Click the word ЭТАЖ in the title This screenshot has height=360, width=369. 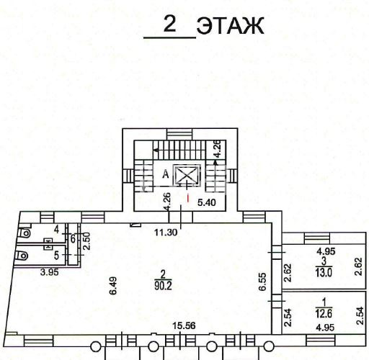point(230,26)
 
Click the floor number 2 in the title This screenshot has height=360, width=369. point(170,24)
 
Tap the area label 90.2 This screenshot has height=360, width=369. point(163,286)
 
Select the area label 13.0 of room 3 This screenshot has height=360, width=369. point(324,273)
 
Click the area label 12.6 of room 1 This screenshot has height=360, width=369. point(324,313)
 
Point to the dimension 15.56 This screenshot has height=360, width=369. point(184,325)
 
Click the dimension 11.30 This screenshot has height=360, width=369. point(166,233)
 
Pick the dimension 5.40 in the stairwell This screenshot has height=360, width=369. point(207,203)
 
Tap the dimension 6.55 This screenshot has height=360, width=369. point(263,282)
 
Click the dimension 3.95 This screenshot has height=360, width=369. point(50,272)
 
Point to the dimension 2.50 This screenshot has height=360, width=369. point(86,241)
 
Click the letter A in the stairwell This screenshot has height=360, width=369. point(165,174)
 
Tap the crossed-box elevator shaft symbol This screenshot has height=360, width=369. point(187,175)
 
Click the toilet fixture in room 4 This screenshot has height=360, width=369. point(25,233)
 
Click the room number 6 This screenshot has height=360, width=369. point(73,239)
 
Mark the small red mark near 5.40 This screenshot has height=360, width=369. point(188,198)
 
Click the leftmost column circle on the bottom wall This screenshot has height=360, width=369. point(95,347)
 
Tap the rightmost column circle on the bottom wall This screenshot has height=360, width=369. point(269,346)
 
